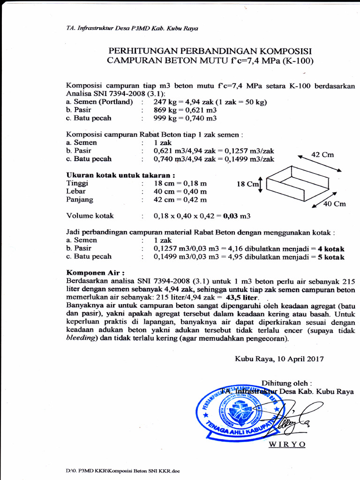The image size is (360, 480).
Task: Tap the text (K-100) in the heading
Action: tap(297, 60)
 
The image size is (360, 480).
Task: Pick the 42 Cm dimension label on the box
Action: tap(322, 155)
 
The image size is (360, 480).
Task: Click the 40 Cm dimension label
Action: tap(335, 203)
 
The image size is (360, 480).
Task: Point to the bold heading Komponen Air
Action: tap(96, 272)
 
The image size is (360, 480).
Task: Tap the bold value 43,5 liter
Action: tap(242, 298)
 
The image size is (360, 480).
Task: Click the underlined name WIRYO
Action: tap(287, 444)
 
